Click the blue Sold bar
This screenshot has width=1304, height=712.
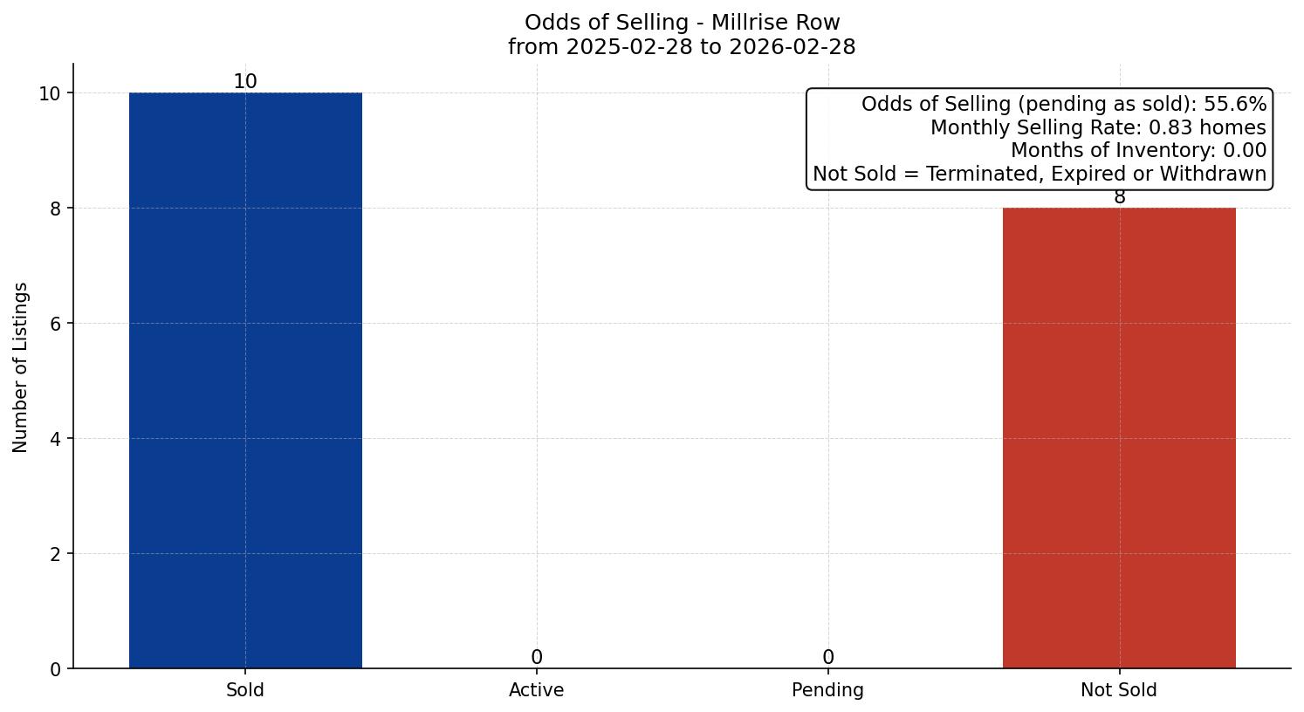(245, 380)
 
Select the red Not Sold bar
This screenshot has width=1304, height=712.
(1119, 438)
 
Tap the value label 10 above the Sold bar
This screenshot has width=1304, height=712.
(245, 82)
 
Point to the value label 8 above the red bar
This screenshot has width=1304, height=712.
(1119, 198)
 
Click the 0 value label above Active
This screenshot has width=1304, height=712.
(537, 657)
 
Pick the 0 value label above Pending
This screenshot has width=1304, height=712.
(827, 657)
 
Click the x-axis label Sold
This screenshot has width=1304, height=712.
(245, 690)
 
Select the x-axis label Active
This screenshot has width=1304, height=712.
(537, 690)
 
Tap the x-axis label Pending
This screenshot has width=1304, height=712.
(827, 690)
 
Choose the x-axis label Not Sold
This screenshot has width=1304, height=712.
(1119, 690)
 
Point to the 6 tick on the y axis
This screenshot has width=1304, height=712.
(56, 324)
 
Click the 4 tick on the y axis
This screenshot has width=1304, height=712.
(56, 439)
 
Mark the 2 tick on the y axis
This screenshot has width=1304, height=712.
(56, 554)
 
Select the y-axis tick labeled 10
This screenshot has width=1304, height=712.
(51, 93)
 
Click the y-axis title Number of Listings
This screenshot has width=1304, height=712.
(21, 367)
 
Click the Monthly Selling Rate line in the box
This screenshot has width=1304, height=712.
(1098, 127)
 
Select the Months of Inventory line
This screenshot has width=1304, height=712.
(1138, 151)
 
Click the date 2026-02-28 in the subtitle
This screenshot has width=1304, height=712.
(793, 47)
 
